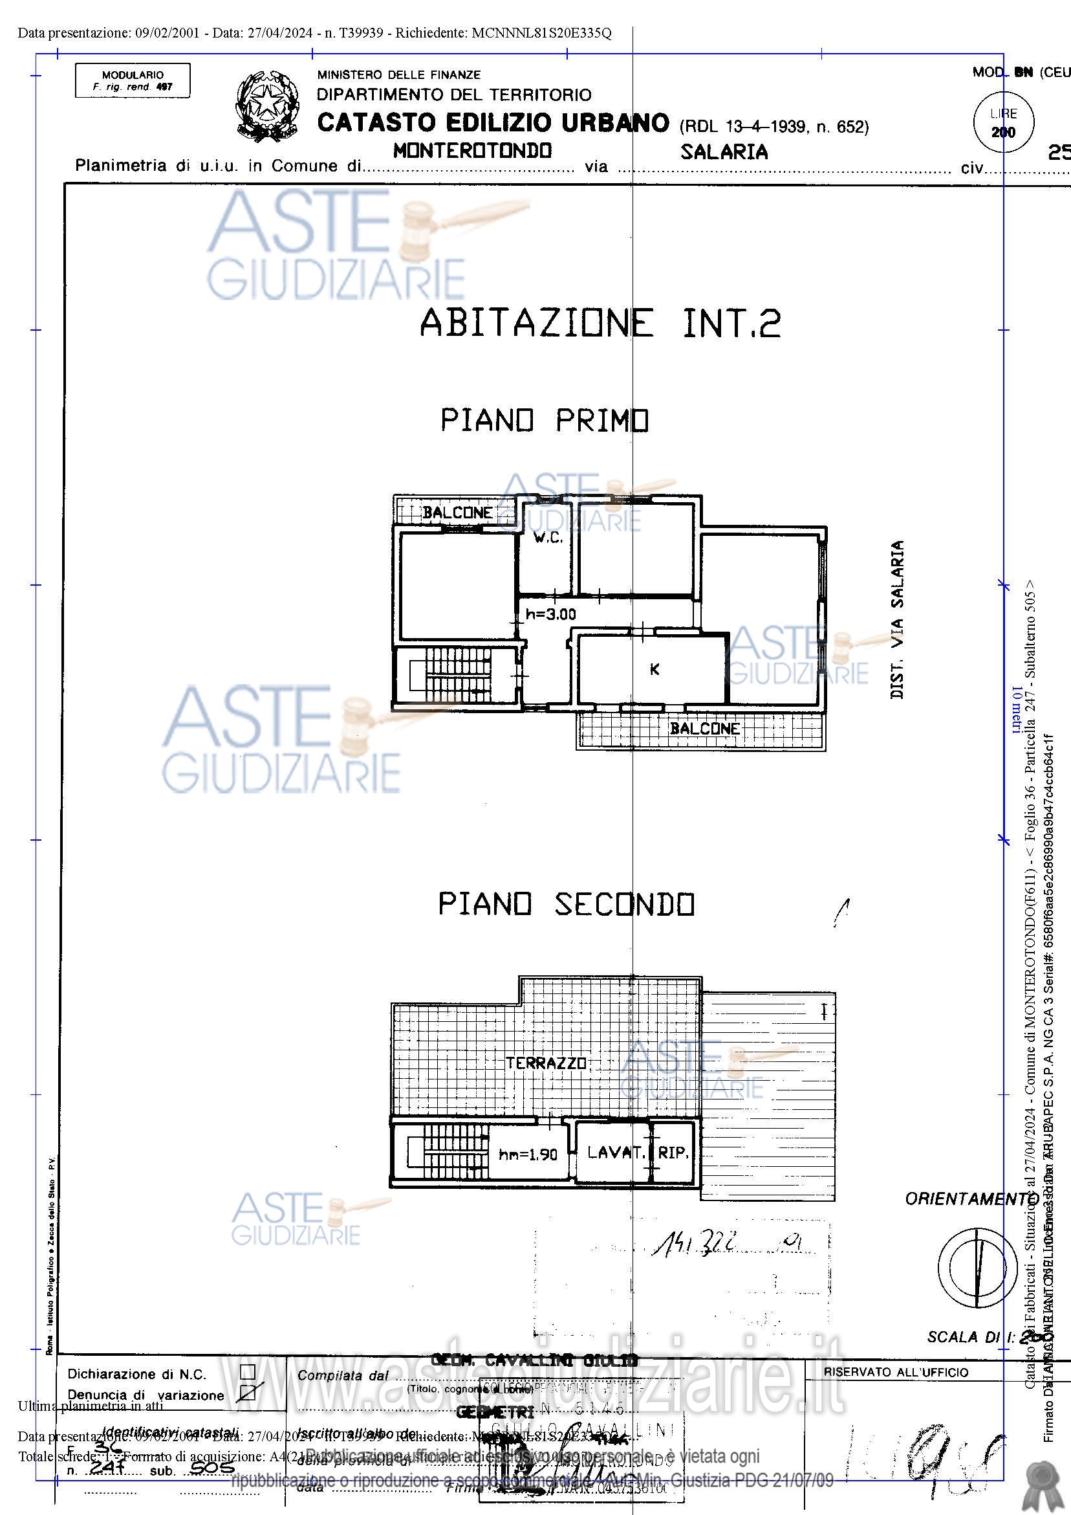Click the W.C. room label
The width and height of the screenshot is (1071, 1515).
click(548, 538)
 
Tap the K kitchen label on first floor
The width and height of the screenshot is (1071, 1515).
click(654, 669)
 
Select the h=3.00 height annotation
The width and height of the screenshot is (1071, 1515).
click(550, 614)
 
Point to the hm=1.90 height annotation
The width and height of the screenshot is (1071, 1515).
click(528, 1155)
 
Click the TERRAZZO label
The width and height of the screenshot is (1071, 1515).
click(546, 1063)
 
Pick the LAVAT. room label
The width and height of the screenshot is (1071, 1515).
click(616, 1153)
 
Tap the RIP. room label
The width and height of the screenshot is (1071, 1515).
click(673, 1153)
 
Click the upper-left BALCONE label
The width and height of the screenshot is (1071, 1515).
click(457, 513)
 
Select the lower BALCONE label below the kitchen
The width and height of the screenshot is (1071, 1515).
click(704, 729)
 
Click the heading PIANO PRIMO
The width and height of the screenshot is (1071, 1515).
click(545, 420)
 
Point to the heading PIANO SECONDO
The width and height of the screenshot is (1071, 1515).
click(567, 904)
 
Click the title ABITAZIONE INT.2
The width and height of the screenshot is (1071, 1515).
click(600, 323)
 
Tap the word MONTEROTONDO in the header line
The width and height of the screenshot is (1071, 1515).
click(472, 151)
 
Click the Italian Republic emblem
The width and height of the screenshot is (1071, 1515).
click(267, 105)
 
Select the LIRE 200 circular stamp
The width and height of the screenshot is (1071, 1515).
click(1003, 123)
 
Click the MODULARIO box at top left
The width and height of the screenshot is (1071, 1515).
click(133, 80)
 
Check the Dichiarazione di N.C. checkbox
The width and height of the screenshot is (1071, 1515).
click(247, 1372)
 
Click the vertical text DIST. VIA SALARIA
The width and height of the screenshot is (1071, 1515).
click(897, 619)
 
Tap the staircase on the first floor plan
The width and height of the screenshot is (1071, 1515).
click(458, 674)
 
